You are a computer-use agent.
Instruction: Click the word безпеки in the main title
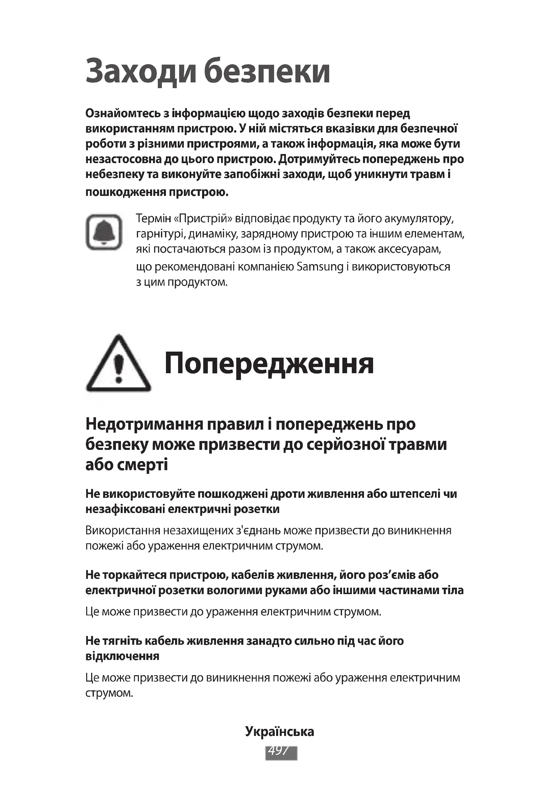(x=267, y=72)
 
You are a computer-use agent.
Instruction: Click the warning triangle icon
(x=118, y=364)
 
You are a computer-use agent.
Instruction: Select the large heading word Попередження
(x=269, y=364)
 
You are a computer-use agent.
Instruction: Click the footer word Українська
(x=279, y=731)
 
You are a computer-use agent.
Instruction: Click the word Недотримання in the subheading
(x=144, y=424)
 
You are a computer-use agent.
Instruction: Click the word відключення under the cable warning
(x=122, y=656)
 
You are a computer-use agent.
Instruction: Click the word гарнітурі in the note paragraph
(x=157, y=234)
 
